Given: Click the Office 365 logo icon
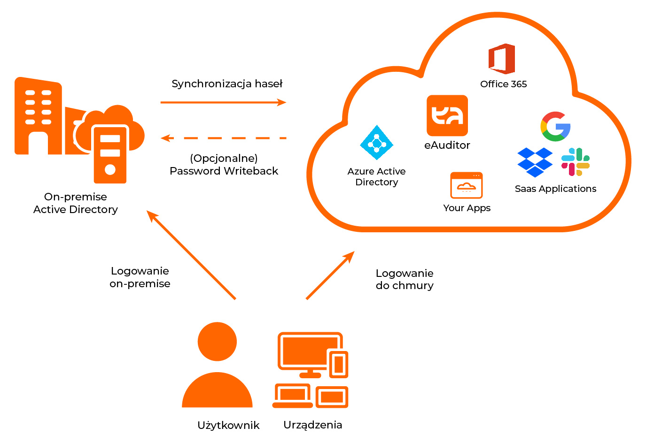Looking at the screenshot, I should click(x=502, y=59).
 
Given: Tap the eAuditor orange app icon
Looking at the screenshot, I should click(x=447, y=115).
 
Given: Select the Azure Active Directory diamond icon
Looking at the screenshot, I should click(x=376, y=143).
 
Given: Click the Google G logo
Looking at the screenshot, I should click(x=555, y=126).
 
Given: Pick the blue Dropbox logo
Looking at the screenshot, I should click(x=535, y=162).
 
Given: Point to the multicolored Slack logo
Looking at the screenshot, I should click(x=576, y=162).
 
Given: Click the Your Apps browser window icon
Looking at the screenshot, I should click(x=466, y=186).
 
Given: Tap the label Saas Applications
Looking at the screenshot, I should click(x=555, y=189).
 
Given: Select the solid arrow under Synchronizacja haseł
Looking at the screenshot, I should click(x=223, y=102).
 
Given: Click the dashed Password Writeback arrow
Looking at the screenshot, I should click(x=223, y=138).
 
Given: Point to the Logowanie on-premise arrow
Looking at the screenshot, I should click(x=191, y=255).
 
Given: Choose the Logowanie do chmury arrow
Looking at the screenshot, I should click(x=330, y=275).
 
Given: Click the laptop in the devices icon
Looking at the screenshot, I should click(x=293, y=397).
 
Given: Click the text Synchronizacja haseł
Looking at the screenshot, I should click(x=227, y=84).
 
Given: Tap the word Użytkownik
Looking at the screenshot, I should click(x=228, y=425).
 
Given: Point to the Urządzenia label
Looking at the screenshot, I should click(x=312, y=425).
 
